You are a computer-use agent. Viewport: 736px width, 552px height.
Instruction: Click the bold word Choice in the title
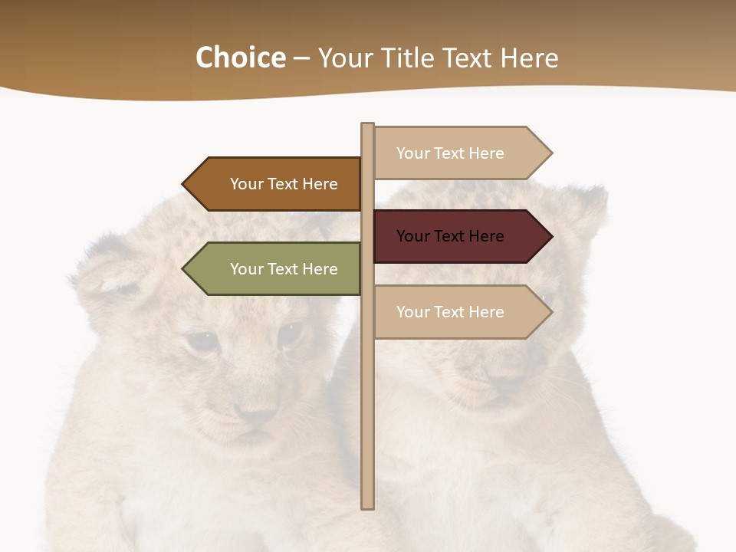point(240,58)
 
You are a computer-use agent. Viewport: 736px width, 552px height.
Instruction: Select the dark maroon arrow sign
point(460,236)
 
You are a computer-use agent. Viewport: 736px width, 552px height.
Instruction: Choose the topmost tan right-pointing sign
point(460,153)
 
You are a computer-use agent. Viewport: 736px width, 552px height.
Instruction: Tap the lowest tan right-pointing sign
point(460,312)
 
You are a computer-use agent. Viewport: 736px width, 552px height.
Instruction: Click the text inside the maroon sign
point(450,236)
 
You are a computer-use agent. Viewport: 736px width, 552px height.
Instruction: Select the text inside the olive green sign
point(284,269)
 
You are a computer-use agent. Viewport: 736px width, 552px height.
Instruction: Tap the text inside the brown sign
point(284,184)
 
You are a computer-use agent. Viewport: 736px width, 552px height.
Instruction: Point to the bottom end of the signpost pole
point(368,506)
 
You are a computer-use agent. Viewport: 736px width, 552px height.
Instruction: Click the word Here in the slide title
point(529,58)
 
